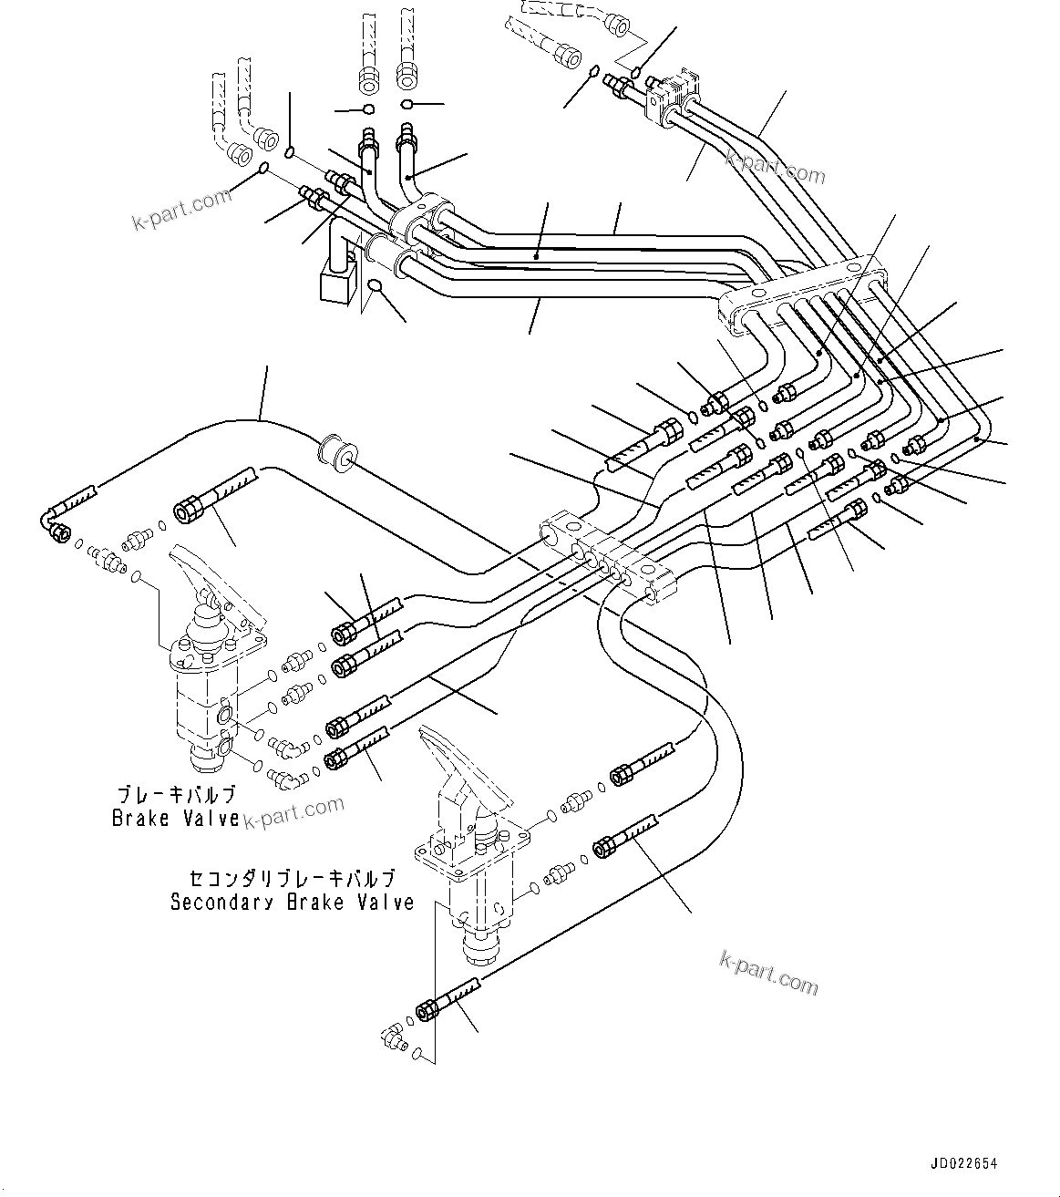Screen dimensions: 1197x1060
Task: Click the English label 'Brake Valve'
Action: (176, 818)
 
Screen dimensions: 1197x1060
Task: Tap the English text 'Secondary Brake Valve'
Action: (293, 903)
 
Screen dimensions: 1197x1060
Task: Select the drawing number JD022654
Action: (964, 1163)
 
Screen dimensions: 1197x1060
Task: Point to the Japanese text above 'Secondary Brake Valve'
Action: (293, 879)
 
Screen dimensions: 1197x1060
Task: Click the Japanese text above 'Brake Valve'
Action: (176, 795)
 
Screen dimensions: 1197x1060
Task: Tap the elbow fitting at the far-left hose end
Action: (57, 526)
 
